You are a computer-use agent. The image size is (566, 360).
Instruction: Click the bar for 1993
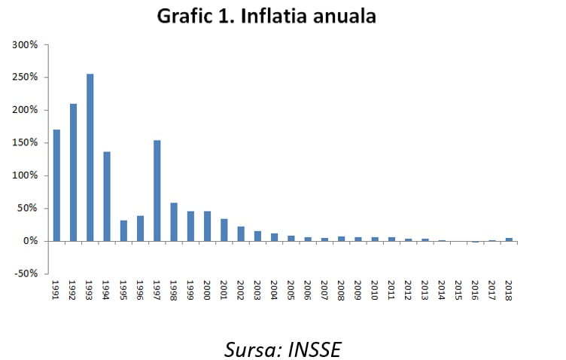[x=90, y=157]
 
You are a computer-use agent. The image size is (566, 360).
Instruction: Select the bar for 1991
[x=56, y=185]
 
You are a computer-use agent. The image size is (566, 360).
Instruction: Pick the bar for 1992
[x=74, y=172]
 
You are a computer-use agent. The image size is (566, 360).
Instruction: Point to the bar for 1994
[x=107, y=197]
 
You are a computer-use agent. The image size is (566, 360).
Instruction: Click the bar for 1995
[x=123, y=230]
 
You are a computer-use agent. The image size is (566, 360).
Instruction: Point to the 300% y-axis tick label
[x=26, y=45]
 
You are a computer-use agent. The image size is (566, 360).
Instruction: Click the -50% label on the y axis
[x=26, y=273]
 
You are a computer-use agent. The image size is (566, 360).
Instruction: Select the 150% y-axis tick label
[x=26, y=143]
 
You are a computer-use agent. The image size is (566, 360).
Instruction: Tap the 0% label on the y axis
[x=31, y=241]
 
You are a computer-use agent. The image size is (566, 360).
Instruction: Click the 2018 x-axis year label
[x=510, y=290]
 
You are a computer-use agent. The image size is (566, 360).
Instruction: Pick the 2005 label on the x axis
[x=291, y=290]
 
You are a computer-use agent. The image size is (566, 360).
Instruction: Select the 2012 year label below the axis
[x=409, y=290]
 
